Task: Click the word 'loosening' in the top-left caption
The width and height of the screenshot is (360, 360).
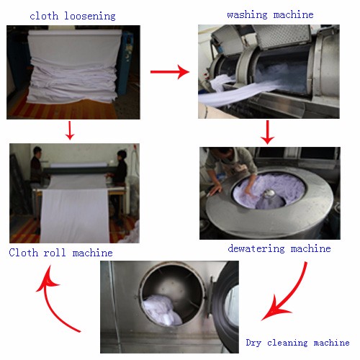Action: pos(90,16)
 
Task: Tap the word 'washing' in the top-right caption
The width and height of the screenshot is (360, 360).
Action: pos(247,14)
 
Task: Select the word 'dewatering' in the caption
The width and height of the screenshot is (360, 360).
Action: pos(256,248)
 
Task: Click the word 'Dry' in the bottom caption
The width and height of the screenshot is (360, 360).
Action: pos(253,343)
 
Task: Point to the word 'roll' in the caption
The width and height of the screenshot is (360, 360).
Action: pos(55,253)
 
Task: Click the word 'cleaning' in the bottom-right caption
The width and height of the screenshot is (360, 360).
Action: pos(287,343)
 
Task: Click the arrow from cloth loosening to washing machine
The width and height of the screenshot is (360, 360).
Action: pos(170,71)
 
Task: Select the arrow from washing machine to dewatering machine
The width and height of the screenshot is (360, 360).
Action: pos(267,132)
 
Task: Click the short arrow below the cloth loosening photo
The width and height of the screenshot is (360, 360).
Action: pos(70,130)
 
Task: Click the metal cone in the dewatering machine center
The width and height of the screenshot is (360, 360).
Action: pos(269,194)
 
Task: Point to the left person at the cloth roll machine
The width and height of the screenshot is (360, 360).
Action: pos(37,168)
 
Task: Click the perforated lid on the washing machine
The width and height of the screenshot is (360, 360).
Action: pos(283,36)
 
